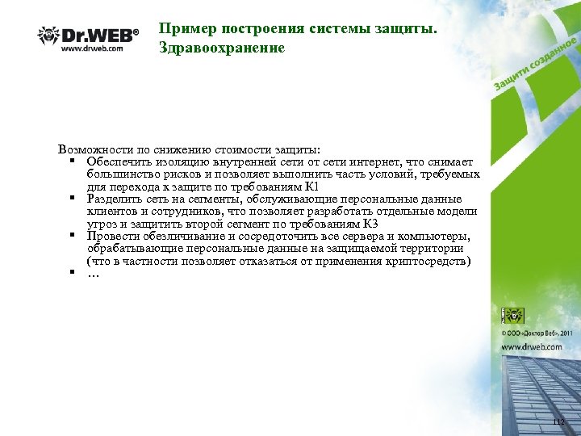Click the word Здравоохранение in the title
222,48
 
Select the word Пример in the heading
182,29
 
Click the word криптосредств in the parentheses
425,261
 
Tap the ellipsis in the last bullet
93,274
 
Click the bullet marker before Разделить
72,198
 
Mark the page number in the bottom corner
558,422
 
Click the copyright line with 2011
537,332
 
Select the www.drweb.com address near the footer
532,346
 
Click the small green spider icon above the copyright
512,315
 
